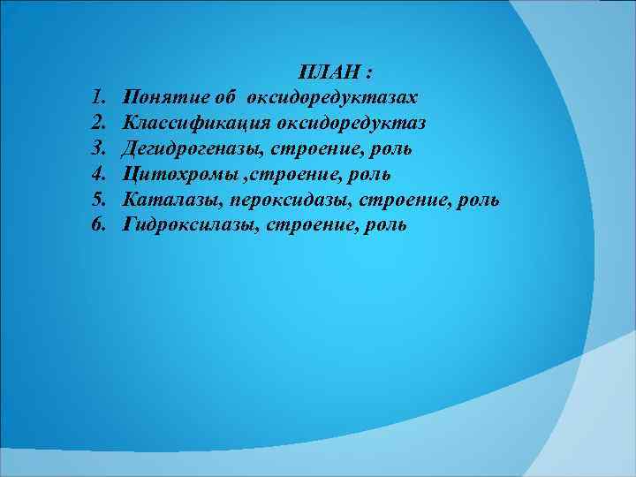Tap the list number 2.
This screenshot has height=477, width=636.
pos(97,121)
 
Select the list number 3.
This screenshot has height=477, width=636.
pos(97,147)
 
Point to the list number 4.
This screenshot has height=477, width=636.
pos(97,173)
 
